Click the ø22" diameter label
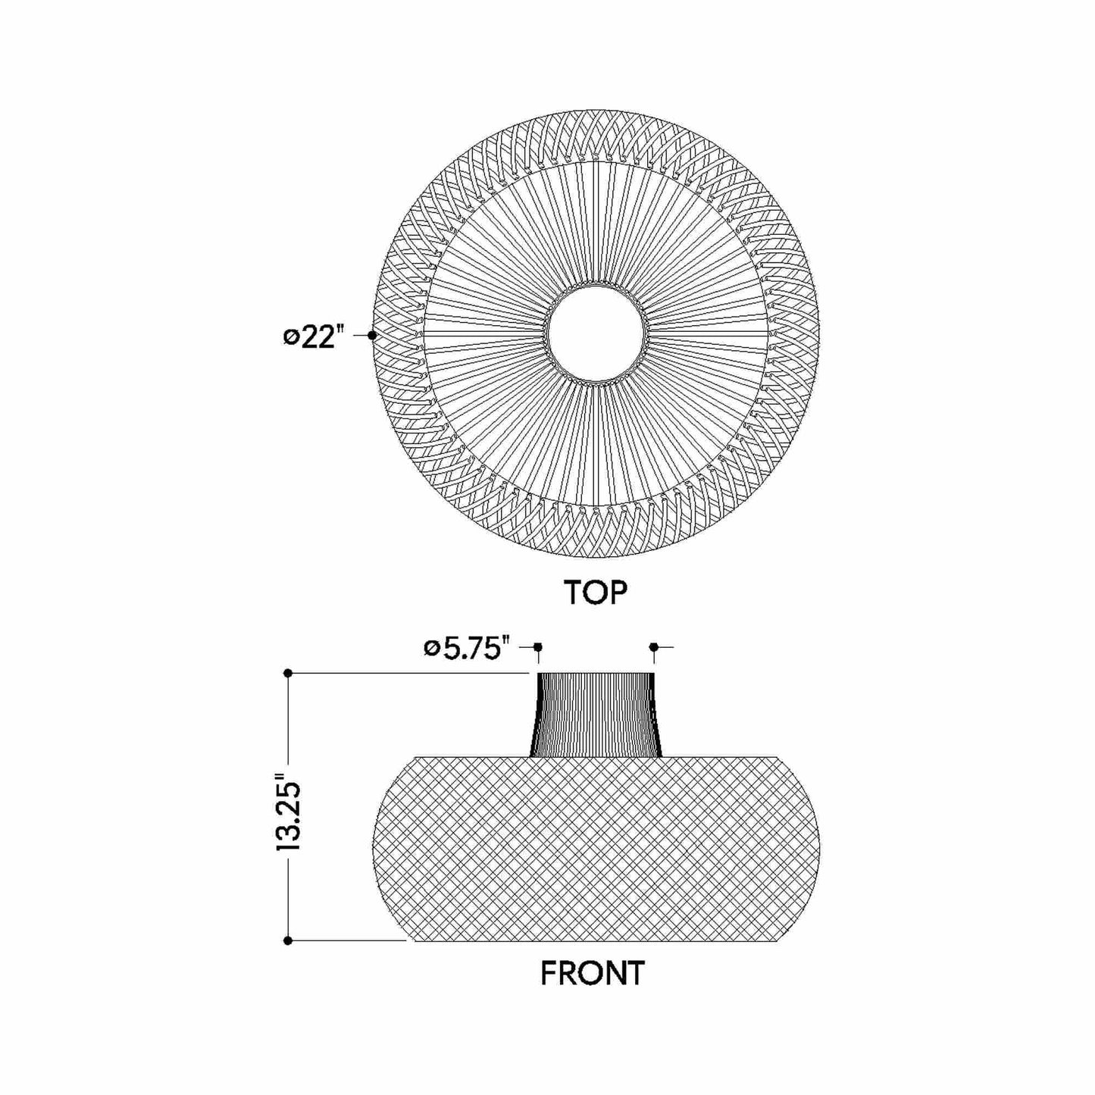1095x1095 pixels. (x=310, y=336)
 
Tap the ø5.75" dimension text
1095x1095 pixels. (x=465, y=649)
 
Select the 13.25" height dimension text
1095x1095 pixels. (x=289, y=813)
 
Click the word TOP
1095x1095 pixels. (x=595, y=593)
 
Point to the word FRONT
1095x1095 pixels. (x=592, y=973)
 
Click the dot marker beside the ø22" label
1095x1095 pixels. (x=371, y=335)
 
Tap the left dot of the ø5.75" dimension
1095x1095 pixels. (x=538, y=647)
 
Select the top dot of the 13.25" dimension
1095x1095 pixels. (x=288, y=673)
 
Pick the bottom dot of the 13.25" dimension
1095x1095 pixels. (x=288, y=940)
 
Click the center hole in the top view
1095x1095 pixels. (x=596, y=334)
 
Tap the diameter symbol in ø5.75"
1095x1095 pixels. (x=431, y=649)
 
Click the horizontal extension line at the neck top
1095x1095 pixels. (x=409, y=673)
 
